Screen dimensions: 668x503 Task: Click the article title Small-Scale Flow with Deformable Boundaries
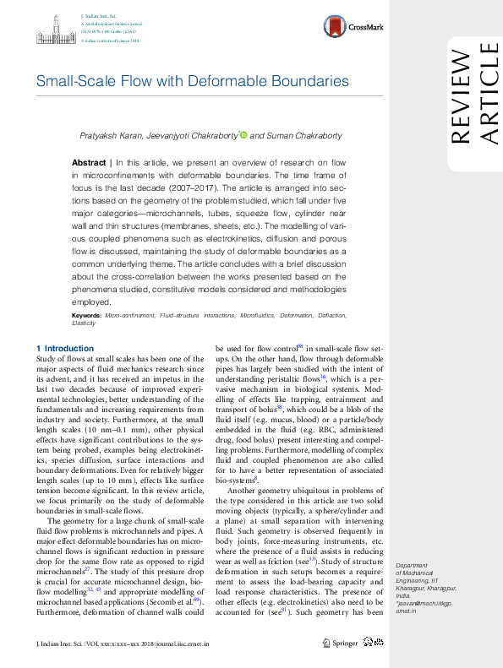(x=192, y=82)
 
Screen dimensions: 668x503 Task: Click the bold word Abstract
(x=88, y=161)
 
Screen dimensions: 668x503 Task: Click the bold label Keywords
(x=89, y=315)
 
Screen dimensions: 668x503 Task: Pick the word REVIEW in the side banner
(x=460, y=97)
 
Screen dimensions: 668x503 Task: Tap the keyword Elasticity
(x=84, y=323)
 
